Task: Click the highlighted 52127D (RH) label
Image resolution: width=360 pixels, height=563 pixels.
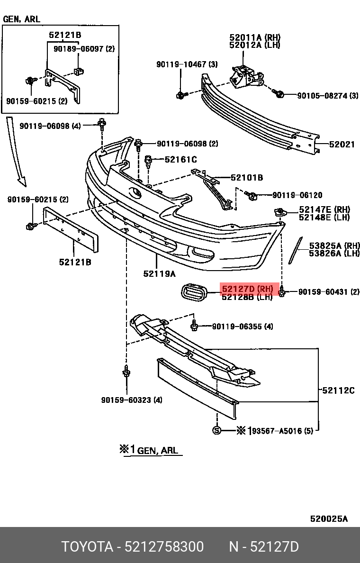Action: [247, 289]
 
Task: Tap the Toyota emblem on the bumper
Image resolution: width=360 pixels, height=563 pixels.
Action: [135, 193]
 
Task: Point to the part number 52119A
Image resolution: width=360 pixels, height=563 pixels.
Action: [159, 273]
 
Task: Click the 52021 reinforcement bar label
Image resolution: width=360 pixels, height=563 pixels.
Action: [342, 145]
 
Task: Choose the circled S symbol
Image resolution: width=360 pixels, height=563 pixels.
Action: [216, 430]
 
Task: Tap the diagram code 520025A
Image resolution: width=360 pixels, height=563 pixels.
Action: [329, 519]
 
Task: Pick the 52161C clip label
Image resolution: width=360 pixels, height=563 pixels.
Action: [180, 160]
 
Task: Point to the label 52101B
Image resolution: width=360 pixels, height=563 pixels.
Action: [247, 178]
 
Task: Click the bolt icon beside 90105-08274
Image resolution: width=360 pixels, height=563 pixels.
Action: [279, 94]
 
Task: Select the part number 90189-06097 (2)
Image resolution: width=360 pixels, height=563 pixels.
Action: [84, 49]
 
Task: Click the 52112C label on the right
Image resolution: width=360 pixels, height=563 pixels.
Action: [338, 390]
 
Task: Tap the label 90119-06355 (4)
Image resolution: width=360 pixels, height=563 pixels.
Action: [242, 326]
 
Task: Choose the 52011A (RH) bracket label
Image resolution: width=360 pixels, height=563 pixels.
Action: [254, 37]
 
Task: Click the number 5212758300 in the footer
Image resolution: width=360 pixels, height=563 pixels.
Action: [164, 547]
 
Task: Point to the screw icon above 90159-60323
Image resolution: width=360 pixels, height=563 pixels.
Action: [126, 372]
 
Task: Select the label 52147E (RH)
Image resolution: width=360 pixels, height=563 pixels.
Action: [324, 209]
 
